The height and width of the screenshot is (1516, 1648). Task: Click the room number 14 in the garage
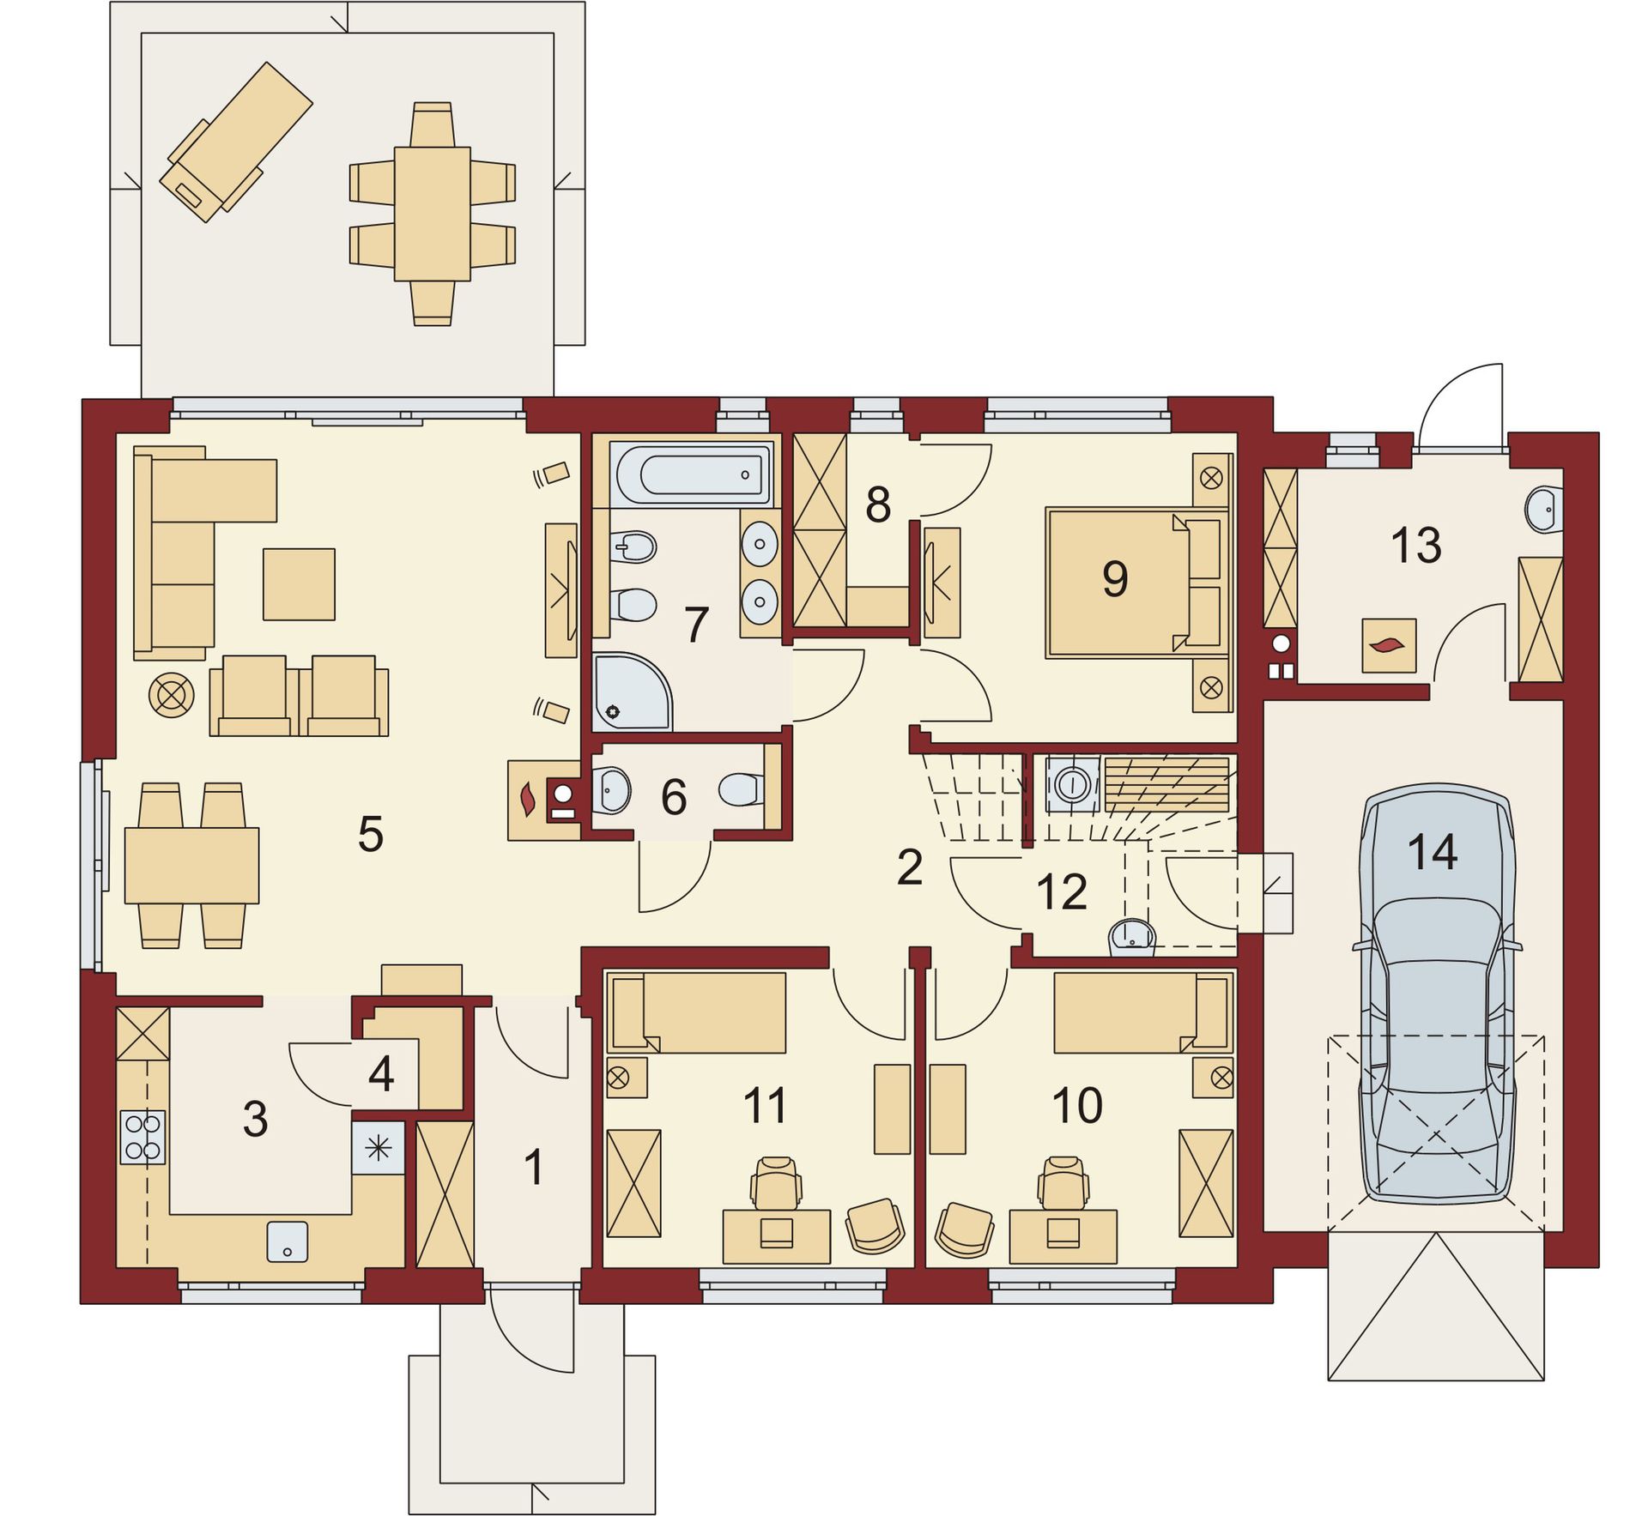click(x=1433, y=852)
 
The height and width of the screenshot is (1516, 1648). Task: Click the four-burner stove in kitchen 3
click(x=142, y=1137)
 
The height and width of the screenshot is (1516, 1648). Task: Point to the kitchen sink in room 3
click(x=288, y=1241)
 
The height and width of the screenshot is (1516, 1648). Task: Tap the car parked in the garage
click(x=1436, y=993)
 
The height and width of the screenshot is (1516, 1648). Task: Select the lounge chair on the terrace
click(x=236, y=142)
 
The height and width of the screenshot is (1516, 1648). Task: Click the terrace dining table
click(x=433, y=214)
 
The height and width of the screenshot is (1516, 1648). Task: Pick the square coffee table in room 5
click(x=299, y=584)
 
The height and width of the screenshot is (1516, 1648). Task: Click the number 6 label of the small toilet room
click(x=674, y=797)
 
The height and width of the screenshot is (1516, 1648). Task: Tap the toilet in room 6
click(x=740, y=789)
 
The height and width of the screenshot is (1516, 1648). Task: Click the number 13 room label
click(x=1415, y=545)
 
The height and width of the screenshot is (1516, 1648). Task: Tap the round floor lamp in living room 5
click(x=171, y=695)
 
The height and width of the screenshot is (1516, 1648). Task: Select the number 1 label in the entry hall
click(x=534, y=1168)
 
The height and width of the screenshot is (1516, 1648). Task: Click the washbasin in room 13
click(x=1544, y=510)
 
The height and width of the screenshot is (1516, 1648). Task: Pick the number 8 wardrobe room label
click(x=877, y=504)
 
